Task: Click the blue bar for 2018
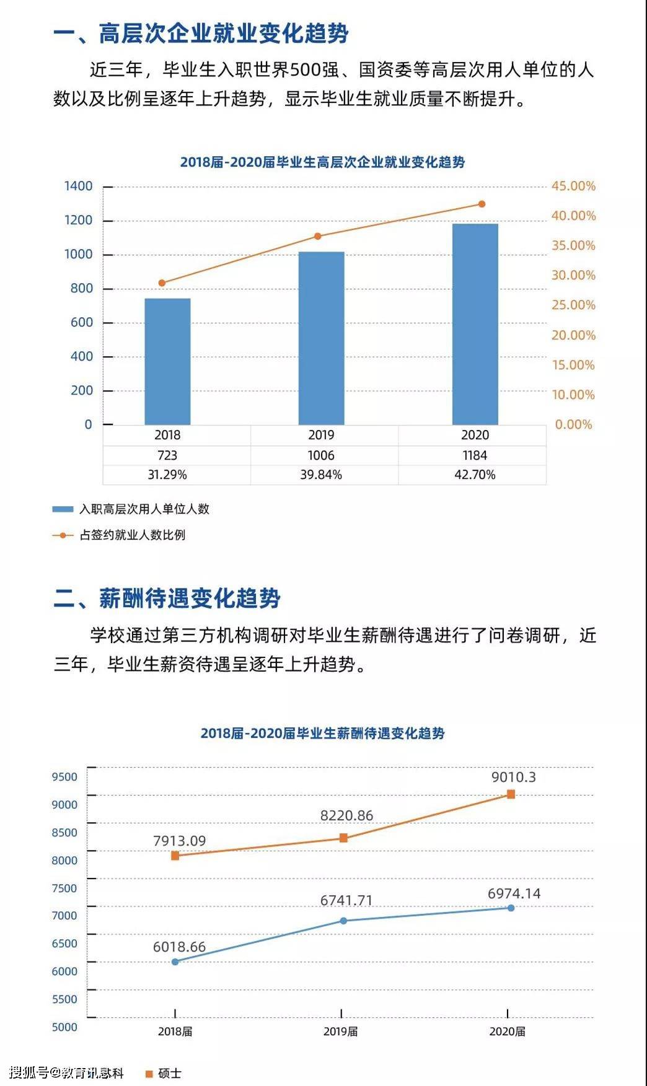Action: pos(167,361)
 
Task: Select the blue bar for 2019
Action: pos(321,338)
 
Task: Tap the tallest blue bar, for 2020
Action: pos(475,324)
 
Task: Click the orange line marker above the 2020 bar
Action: pos(482,204)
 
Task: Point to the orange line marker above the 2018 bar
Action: pos(162,283)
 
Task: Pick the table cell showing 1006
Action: pos(321,455)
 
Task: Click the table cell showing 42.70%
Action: pos(475,475)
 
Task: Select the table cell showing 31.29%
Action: pos(167,475)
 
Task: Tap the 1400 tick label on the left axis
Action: pos(78,186)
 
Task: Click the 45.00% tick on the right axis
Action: pos(573,186)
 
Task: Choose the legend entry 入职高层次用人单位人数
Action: pos(131,509)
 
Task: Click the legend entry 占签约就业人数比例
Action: pos(119,535)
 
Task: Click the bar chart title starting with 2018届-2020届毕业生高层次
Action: pos(322,162)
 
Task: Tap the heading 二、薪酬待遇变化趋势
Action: pos(167,598)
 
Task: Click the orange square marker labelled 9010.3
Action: pos(511,794)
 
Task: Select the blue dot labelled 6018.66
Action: pos(175,961)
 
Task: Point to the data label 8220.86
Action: pos(346,815)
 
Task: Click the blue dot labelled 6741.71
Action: pos(344,921)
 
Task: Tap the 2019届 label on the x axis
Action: pos(340,1031)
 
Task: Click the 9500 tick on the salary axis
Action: pos(64,777)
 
